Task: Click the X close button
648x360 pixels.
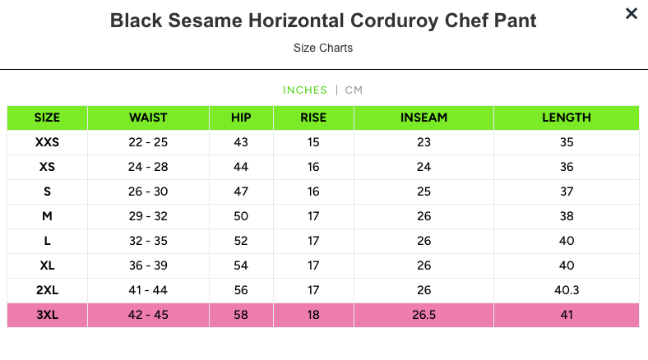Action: click(x=631, y=13)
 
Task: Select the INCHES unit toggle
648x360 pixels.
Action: click(x=304, y=90)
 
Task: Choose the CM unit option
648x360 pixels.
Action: click(x=354, y=90)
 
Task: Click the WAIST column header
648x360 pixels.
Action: click(x=148, y=118)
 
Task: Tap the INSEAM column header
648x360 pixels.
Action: click(x=424, y=118)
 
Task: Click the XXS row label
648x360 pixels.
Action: click(x=48, y=142)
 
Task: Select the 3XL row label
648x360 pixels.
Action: click(x=48, y=315)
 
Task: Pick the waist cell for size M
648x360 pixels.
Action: click(x=148, y=216)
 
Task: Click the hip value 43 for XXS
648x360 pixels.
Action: click(x=241, y=142)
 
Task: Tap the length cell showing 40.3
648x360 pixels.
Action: click(x=566, y=290)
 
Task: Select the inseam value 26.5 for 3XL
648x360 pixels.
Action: click(x=424, y=315)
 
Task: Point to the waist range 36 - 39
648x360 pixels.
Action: click(x=148, y=265)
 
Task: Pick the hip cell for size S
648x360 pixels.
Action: click(x=241, y=192)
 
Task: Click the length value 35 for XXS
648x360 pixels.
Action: click(x=566, y=142)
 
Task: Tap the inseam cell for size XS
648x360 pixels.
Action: click(x=424, y=167)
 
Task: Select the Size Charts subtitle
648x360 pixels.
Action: click(x=323, y=48)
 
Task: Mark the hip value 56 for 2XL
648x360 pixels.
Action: click(x=241, y=290)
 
